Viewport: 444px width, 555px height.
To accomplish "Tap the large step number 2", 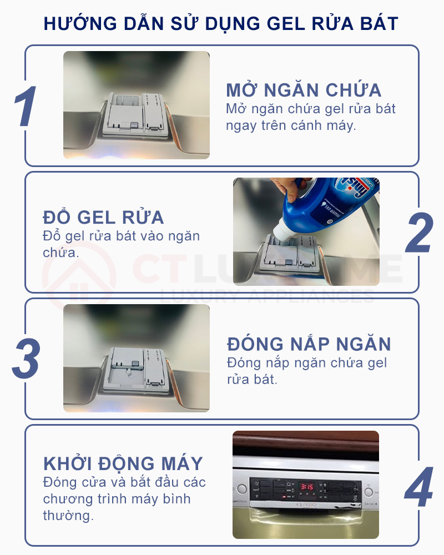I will [418, 233].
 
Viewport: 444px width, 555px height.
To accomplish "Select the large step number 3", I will [26, 359].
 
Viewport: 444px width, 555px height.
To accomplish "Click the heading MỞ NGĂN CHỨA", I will [304, 90].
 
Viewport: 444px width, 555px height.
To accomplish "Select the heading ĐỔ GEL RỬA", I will [103, 217].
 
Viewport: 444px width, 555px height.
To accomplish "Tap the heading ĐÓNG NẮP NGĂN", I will [309, 344].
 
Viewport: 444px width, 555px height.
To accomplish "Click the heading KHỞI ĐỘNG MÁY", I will [123, 463].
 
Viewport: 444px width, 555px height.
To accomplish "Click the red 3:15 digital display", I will [307, 487].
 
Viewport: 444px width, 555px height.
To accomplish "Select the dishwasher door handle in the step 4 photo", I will [305, 519].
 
